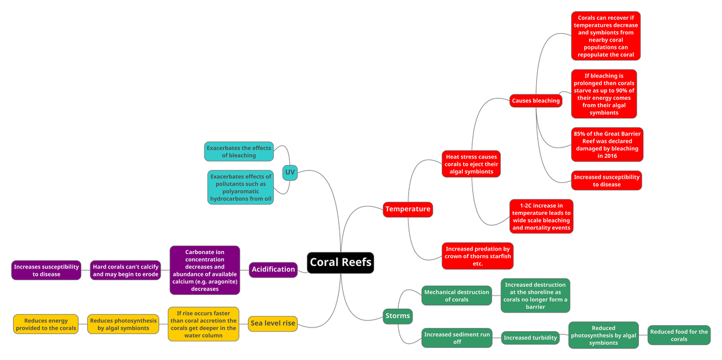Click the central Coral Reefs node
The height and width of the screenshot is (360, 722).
tap(341, 262)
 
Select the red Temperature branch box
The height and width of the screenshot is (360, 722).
tap(408, 209)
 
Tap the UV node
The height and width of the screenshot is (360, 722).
tap(290, 173)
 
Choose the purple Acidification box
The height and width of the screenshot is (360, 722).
tap(273, 270)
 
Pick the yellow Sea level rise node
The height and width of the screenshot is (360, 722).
tap(273, 323)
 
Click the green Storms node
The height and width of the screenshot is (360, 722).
tap(398, 316)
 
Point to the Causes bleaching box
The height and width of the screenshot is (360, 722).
tap(535, 101)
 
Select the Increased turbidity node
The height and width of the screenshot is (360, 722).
tap(530, 338)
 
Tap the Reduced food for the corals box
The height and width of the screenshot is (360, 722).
tap(679, 335)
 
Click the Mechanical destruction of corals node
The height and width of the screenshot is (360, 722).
tap(457, 296)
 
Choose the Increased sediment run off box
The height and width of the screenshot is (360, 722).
tap(457, 338)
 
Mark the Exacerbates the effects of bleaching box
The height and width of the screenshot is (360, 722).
tap(239, 152)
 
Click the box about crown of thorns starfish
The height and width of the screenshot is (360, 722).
tap(477, 256)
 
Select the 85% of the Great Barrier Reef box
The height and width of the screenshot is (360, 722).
tap(607, 144)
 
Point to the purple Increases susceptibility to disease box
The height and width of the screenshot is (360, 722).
tap(46, 270)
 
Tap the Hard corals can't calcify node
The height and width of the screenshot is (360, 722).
tap(125, 270)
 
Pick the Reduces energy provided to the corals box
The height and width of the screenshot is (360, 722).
tap(46, 324)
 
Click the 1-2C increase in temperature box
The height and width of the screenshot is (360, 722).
tap(541, 217)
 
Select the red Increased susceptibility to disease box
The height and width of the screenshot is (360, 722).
tap(606, 181)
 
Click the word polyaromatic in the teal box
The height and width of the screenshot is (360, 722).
tap(241, 191)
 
